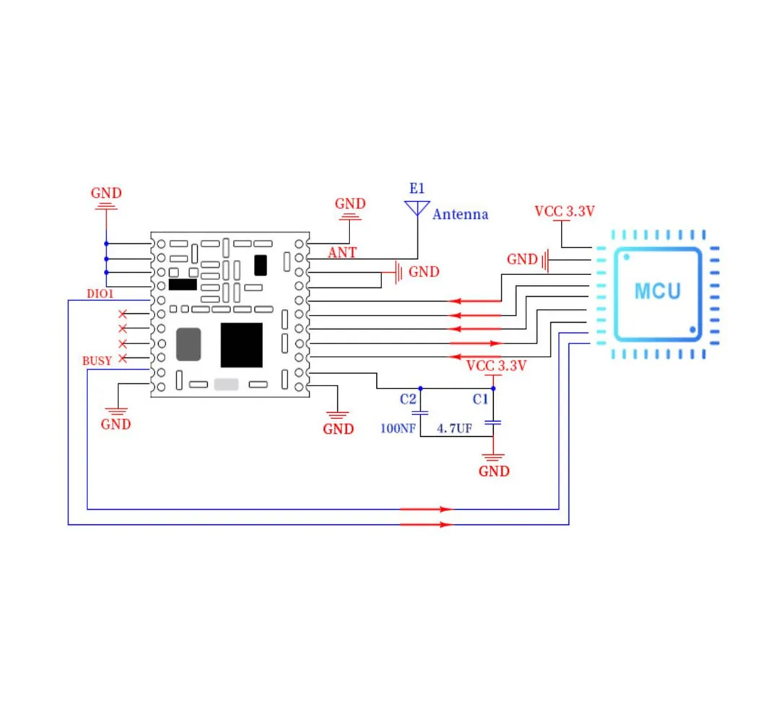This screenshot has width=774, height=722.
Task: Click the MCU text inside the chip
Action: pos(657,292)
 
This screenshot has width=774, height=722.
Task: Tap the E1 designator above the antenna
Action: pos(417,188)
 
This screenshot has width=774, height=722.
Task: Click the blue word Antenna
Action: pos(460,214)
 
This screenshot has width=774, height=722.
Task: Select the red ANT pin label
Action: pos(342,253)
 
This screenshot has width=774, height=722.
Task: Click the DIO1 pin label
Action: pos(100,294)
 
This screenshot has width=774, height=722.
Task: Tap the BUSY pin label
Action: pos(97,360)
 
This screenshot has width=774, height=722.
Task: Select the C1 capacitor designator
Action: pos(480,399)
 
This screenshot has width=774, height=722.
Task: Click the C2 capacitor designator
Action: pos(408,399)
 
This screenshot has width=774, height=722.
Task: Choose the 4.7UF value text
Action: pos(454,428)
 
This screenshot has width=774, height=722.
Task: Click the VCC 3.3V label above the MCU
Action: pos(564,212)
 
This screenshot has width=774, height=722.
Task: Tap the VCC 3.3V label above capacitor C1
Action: pos(496,365)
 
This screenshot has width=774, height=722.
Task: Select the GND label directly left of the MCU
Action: pos(522,259)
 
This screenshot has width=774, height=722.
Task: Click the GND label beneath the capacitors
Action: pos(494,471)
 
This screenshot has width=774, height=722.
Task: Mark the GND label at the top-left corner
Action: pos(106,193)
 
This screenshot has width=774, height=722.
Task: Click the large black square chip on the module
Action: pos(241,345)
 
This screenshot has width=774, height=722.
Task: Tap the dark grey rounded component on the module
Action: pos(188,344)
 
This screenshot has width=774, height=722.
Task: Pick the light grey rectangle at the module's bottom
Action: pos(226,384)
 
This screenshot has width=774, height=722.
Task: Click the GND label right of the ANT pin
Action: pos(424,272)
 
